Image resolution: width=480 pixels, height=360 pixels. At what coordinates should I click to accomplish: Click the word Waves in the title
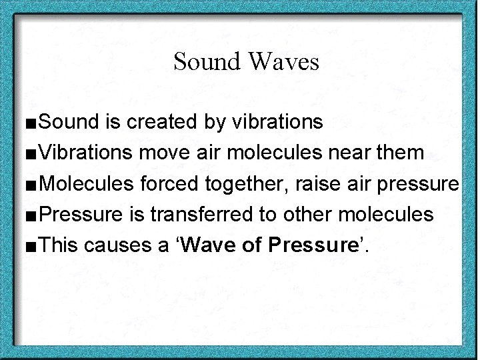283,62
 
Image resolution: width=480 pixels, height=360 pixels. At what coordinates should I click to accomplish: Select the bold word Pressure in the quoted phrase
313,245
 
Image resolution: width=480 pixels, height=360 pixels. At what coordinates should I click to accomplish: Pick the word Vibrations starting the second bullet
86,153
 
